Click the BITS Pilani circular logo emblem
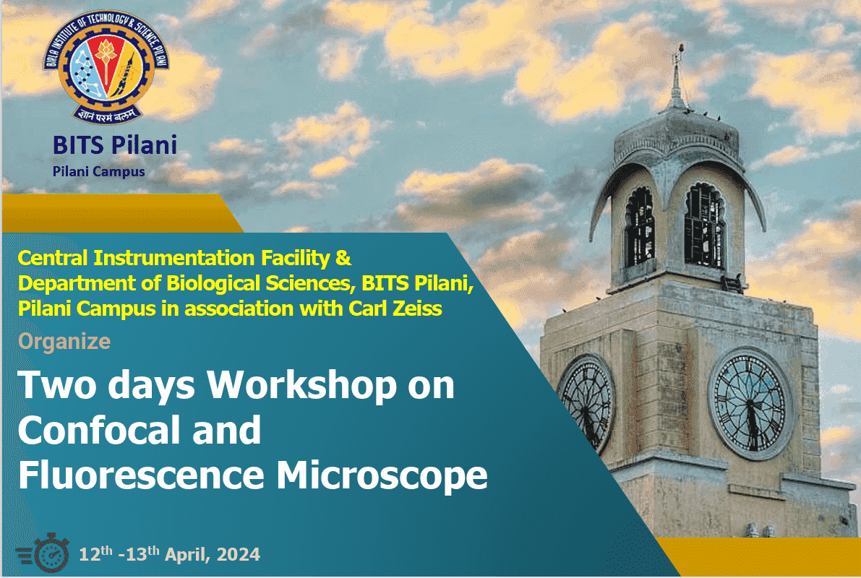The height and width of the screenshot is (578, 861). pyautogui.click(x=106, y=66)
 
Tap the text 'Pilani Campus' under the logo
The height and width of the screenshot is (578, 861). pyautogui.click(x=99, y=171)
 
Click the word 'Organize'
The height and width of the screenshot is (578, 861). pyautogui.click(x=64, y=342)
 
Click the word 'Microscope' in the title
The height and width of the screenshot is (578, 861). pyautogui.click(x=382, y=475)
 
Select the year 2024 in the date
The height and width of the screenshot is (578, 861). pyautogui.click(x=239, y=554)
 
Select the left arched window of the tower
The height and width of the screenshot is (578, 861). pyautogui.click(x=641, y=228)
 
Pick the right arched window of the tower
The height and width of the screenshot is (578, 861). pyautogui.click(x=706, y=225)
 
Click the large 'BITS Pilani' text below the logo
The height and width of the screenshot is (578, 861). pyautogui.click(x=115, y=145)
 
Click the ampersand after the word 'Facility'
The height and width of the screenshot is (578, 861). pyautogui.click(x=343, y=258)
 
